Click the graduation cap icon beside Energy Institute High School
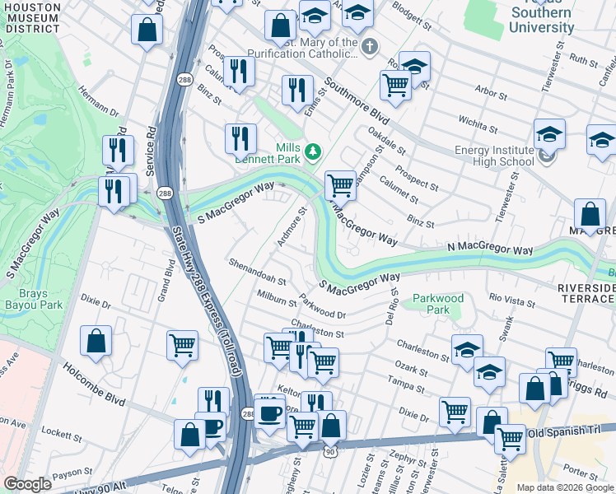point(549,133)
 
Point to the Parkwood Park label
point(438,304)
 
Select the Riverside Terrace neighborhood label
point(586,294)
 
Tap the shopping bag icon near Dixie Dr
point(96,341)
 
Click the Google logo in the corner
point(28,484)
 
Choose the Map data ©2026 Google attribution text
point(564,487)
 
